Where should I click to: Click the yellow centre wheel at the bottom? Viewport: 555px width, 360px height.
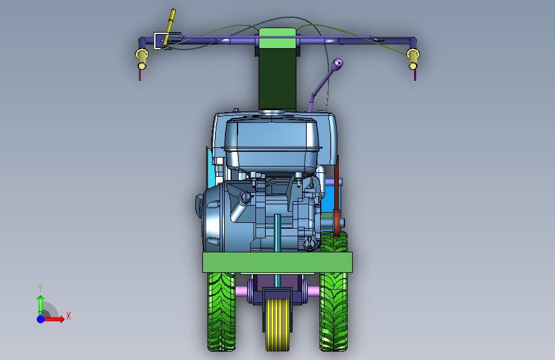[x=277, y=325]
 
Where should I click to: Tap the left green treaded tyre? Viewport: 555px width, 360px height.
[x=221, y=312]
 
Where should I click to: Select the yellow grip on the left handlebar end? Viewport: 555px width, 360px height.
[x=141, y=58]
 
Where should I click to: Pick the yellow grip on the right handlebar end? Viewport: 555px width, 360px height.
[x=413, y=59]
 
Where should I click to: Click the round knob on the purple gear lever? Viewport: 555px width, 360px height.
[x=339, y=63]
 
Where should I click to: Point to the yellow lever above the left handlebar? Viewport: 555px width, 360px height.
[x=169, y=28]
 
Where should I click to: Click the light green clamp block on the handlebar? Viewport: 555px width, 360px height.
[x=278, y=38]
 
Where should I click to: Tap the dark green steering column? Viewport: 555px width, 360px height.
[x=278, y=79]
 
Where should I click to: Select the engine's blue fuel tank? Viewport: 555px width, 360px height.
[x=272, y=143]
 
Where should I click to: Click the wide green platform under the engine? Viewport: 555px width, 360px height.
[x=278, y=262]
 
